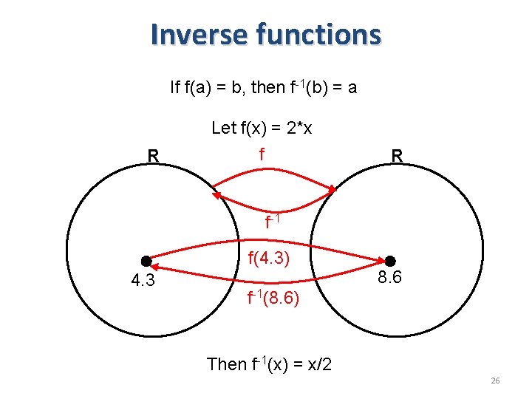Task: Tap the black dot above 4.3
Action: (146, 261)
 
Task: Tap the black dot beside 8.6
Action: (390, 261)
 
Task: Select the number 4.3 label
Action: (143, 282)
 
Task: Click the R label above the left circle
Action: (153, 156)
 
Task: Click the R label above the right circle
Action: (398, 156)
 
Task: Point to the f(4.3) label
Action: (268, 259)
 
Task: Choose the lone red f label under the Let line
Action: (262, 154)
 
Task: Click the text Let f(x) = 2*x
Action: (262, 128)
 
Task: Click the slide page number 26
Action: (495, 381)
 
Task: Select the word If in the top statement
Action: (174, 88)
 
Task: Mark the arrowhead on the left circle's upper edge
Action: (216, 194)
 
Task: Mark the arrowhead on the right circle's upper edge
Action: (332, 190)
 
